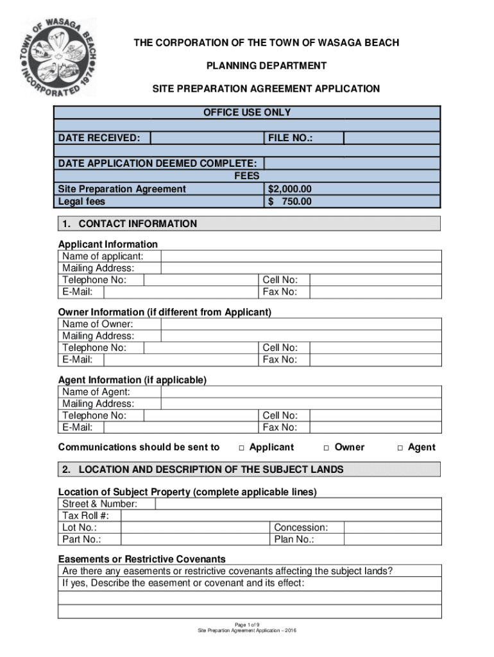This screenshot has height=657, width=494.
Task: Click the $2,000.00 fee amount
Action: pos(290,189)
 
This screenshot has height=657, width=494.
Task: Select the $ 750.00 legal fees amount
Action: pos(290,201)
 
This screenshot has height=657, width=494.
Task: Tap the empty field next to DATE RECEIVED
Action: pos(206,138)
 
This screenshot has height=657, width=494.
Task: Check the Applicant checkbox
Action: pos(242,448)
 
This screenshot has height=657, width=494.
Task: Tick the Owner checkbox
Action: pos(327,448)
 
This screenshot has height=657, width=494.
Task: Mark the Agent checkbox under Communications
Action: pos(400,448)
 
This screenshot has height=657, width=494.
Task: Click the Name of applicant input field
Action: pos(301,257)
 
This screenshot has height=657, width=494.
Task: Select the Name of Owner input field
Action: pos(301,325)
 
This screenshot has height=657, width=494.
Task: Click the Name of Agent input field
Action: pos(301,392)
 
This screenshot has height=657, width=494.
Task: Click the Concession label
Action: pos(301,527)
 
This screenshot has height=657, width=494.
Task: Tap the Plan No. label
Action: pos(294,539)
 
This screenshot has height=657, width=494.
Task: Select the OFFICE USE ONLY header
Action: pos(247,112)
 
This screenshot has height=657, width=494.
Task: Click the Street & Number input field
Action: pos(298,504)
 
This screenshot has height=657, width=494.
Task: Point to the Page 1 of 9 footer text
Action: pos(247,624)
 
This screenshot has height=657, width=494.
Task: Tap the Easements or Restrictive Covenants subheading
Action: pos(142,559)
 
